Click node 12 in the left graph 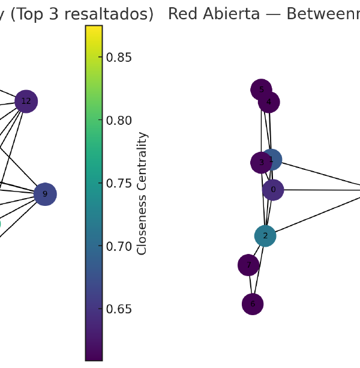26,101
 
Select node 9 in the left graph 45,194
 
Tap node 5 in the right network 261,90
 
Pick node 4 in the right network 269,102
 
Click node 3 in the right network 261,163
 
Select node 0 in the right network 273,190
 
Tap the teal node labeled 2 265,236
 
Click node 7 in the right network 248,265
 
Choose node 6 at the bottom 253,304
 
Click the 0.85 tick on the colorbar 119,58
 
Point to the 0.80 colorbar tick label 119,121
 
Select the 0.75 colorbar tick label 119,184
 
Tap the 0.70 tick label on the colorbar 119,247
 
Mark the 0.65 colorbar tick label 119,309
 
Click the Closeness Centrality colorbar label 142,193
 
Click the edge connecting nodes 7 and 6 251,285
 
